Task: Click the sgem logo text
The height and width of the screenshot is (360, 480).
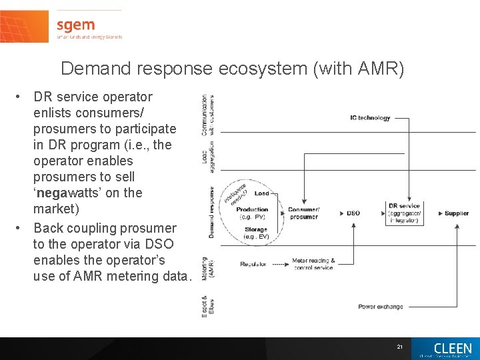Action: [x=75, y=25]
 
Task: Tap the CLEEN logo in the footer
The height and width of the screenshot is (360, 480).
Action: [x=453, y=349]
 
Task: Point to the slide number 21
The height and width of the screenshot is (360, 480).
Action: [x=399, y=347]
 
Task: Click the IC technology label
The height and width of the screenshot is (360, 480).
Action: [x=370, y=118]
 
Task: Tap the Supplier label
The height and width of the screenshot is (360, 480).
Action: [x=457, y=213]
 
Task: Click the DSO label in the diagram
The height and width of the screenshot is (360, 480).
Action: [x=353, y=213]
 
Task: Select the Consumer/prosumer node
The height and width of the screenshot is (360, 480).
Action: [x=303, y=213]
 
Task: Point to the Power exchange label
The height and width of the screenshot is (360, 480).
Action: [x=380, y=307]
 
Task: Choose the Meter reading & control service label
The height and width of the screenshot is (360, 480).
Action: [x=313, y=264]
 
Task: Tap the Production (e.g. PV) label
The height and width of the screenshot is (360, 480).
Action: [x=252, y=213]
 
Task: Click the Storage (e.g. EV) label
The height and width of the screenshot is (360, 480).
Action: [x=255, y=233]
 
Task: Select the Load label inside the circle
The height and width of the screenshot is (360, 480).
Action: [x=261, y=193]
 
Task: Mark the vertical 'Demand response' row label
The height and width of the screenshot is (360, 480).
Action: [x=211, y=212]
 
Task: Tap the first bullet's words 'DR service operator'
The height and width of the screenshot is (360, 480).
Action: [x=93, y=97]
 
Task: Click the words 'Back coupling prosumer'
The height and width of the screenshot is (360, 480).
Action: [x=105, y=228]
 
